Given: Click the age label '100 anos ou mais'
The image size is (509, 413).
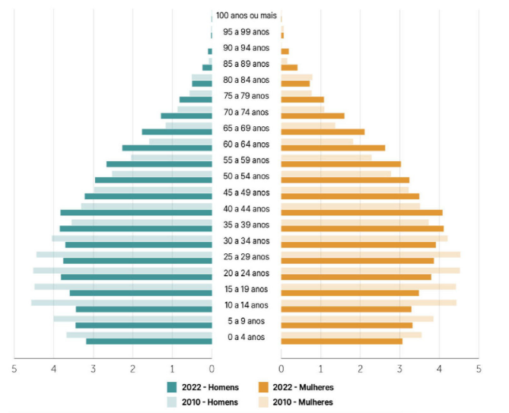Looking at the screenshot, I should (246, 15).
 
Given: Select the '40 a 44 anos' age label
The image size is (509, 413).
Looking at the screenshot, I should (246, 208).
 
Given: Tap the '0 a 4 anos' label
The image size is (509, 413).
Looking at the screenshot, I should (246, 337).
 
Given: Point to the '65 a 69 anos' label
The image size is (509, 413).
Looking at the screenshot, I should (246, 128).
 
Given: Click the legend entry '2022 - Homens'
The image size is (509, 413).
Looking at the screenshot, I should (208, 386).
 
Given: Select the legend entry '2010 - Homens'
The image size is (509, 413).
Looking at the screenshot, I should (208, 402).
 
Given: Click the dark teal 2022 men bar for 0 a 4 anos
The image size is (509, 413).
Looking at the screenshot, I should (149, 341).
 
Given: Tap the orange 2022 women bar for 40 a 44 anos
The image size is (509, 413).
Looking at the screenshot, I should (361, 212).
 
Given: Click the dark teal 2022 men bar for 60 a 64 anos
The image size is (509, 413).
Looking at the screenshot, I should (167, 148).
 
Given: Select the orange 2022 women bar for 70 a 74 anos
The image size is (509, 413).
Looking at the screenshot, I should (313, 116).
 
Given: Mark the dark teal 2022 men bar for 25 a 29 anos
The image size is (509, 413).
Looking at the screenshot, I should (138, 261).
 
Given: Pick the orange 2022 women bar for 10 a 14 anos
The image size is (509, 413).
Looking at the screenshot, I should (346, 309).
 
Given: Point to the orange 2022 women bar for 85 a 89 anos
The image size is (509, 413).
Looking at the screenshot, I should (289, 68).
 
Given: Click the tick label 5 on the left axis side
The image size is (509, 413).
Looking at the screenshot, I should (14, 369).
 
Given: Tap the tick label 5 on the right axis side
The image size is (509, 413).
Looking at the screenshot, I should (479, 369).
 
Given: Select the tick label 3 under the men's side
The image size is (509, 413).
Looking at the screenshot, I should (94, 369).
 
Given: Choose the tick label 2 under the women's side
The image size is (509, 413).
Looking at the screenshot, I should (361, 369).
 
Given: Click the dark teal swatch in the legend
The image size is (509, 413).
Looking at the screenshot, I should (172, 386).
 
